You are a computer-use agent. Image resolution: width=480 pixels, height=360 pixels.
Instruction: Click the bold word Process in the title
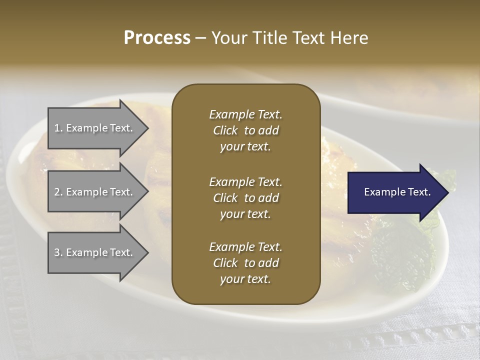(x=157, y=38)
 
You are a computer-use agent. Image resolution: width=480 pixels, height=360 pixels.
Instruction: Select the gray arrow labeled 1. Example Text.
(x=95, y=128)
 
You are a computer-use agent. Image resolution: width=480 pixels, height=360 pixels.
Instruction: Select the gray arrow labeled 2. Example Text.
(x=95, y=192)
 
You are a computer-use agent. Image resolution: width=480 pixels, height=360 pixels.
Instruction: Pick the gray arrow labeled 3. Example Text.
(x=95, y=252)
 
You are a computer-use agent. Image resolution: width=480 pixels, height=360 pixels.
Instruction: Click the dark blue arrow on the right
(x=395, y=192)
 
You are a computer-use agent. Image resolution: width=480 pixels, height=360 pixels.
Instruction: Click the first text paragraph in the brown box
(x=245, y=130)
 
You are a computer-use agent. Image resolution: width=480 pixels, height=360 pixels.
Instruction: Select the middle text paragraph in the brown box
(x=245, y=198)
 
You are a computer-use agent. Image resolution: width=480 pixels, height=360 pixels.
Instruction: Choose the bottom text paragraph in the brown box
(x=245, y=263)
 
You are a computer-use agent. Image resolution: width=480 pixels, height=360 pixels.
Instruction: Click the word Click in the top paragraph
(x=225, y=131)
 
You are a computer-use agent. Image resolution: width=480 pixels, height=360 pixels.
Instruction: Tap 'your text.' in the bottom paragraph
(x=245, y=279)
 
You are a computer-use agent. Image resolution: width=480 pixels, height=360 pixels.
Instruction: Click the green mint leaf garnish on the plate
(x=400, y=250)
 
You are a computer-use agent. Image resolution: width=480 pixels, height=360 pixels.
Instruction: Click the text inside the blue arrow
(x=397, y=192)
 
